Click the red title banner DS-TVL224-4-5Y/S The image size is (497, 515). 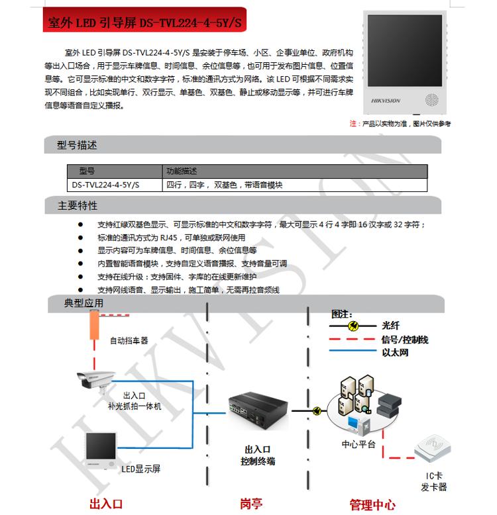144,20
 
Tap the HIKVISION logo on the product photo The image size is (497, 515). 386,101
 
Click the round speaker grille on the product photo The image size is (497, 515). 431,100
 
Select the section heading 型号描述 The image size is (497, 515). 77,145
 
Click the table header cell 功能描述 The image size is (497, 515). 182,171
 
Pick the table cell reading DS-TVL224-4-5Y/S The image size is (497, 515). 105,185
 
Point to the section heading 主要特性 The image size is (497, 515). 78,206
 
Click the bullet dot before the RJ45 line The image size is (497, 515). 81,238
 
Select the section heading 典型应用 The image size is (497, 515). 83,303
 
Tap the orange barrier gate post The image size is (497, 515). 94,325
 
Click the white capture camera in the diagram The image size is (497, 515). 95,381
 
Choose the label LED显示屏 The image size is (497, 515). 141,469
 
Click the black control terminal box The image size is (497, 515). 257,410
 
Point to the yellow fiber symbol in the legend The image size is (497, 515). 353,326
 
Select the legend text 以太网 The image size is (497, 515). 395,352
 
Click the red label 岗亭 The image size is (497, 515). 251,504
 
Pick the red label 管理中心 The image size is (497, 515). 372,504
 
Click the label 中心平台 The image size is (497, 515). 359,444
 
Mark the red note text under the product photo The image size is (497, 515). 400,124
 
